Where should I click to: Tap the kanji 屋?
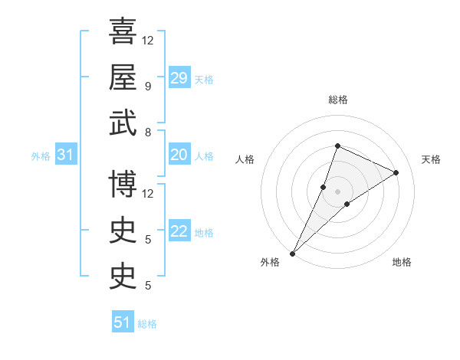tap(123, 77)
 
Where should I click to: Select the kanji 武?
tap(123, 123)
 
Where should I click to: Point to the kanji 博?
tap(123, 183)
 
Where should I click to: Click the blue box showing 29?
tap(179, 78)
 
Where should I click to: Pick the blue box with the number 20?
tap(179, 155)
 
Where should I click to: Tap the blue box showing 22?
tap(179, 232)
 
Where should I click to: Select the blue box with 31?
tap(65, 155)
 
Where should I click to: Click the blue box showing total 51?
tap(123, 322)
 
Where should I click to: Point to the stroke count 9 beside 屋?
tap(147, 86)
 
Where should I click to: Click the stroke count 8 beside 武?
tap(147, 132)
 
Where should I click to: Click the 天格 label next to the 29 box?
tap(203, 79)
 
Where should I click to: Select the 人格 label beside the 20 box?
tap(203, 156)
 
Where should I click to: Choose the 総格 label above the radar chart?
tap(337, 100)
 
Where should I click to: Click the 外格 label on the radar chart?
tap(270, 262)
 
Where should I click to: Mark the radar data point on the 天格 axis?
tap(396, 172)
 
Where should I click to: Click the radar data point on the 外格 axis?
tap(292, 253)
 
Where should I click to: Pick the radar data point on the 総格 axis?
tap(337, 146)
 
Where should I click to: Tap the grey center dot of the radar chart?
tap(337, 191)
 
